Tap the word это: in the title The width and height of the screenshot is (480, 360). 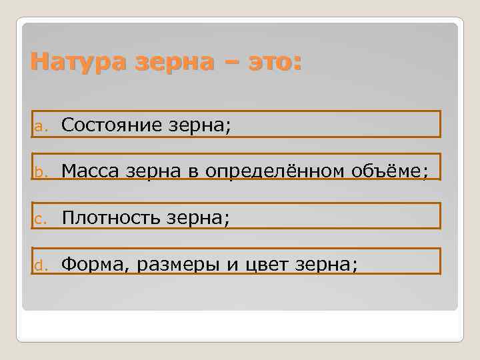point(273,63)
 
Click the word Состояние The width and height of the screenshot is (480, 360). point(110,125)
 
